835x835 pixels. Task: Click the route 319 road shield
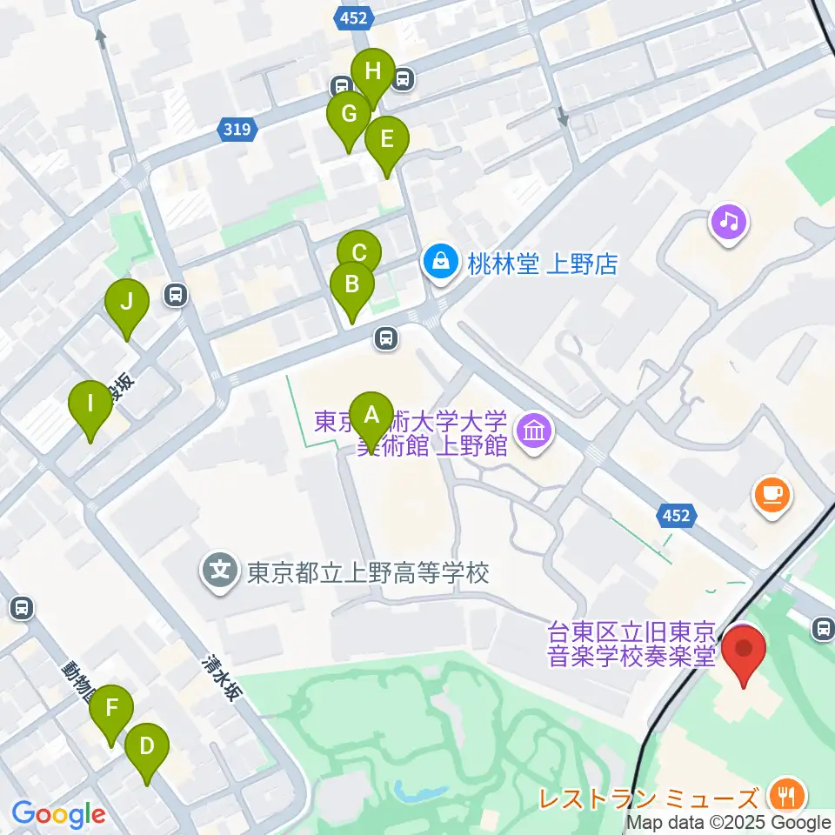pyautogui.click(x=238, y=130)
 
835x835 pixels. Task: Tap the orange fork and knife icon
pyautogui.click(x=788, y=795)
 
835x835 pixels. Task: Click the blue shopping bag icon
pyautogui.click(x=441, y=262)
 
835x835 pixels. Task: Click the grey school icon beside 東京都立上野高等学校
pyautogui.click(x=221, y=572)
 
